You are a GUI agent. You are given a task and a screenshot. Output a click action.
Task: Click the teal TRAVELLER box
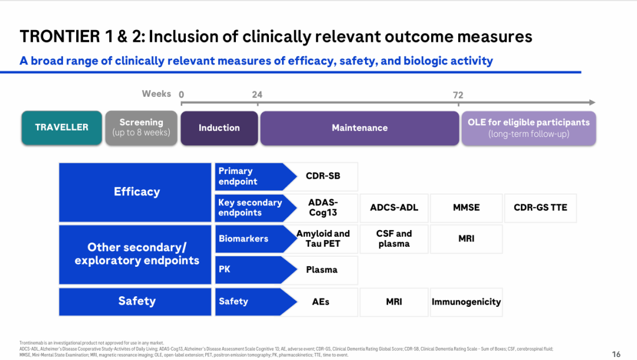click(61, 127)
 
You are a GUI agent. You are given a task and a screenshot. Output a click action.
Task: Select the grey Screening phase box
click(141, 127)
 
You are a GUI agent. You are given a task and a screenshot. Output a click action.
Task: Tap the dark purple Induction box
click(219, 127)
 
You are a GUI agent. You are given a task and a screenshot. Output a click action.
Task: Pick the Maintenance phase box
click(359, 127)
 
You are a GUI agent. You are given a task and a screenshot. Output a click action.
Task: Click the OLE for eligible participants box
click(528, 127)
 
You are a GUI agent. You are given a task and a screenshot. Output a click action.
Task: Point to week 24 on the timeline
click(257, 95)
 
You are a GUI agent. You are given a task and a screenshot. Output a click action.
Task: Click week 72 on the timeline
click(458, 95)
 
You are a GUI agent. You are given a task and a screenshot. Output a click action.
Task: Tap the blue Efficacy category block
click(136, 191)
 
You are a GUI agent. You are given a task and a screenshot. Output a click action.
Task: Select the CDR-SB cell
click(323, 176)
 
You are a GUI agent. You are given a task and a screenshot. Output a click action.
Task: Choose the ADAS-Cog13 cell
click(323, 207)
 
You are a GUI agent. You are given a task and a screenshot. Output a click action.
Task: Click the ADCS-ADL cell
click(394, 207)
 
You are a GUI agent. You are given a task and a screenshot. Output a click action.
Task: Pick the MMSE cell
click(466, 207)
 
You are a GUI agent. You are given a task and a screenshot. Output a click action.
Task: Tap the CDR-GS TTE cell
click(540, 207)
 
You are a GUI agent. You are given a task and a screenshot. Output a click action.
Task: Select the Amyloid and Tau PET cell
click(323, 238)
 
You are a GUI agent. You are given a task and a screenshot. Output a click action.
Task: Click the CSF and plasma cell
click(394, 238)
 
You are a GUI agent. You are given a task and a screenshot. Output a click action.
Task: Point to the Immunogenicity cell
click(466, 302)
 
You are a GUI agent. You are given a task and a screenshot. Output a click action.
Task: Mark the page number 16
click(616, 354)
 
